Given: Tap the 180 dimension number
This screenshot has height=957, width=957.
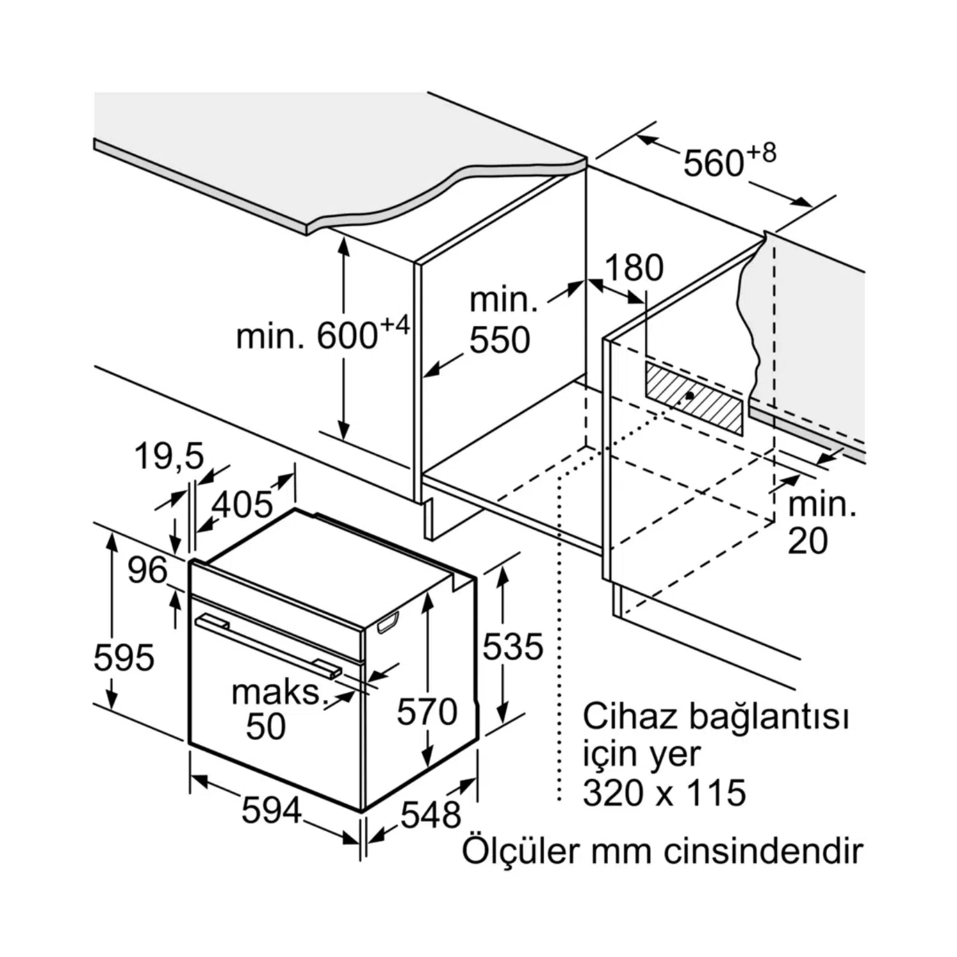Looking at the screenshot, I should [634, 268].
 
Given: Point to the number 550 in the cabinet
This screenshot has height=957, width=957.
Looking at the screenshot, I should [500, 340].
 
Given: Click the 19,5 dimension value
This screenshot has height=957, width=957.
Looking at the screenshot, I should [169, 456].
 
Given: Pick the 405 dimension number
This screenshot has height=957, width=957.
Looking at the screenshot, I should [242, 505].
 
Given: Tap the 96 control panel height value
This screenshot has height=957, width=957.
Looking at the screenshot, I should [147, 570].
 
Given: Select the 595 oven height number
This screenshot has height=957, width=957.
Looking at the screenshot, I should [124, 657].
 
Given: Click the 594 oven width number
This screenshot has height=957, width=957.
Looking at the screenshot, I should [271, 811].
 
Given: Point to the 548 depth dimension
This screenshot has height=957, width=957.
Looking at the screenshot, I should [431, 815].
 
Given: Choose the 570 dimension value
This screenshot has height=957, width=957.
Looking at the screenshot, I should [427, 711].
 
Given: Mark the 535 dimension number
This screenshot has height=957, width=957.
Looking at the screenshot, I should [512, 646].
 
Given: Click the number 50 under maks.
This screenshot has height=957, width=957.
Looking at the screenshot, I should [266, 726].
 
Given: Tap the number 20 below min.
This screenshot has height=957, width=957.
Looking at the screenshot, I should [808, 540].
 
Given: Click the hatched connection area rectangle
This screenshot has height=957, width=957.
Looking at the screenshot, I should [694, 399].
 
